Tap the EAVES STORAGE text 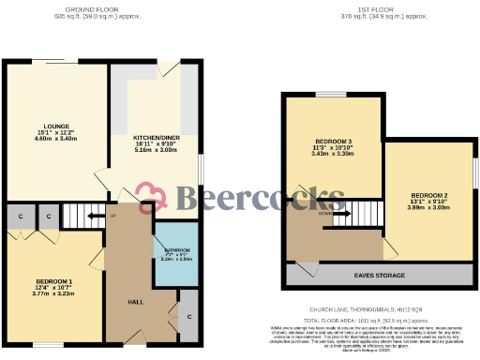tap(378, 276)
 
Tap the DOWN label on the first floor tap(323, 213)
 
